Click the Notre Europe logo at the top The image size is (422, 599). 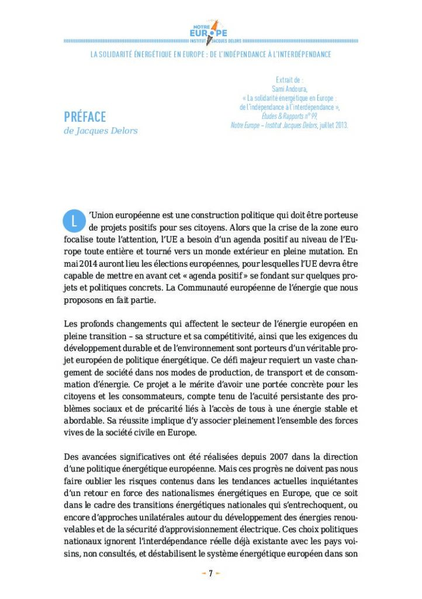210,31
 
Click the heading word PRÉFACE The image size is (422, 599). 85,116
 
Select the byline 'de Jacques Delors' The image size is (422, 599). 101,130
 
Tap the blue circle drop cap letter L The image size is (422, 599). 72,221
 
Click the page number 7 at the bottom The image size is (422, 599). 210,573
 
